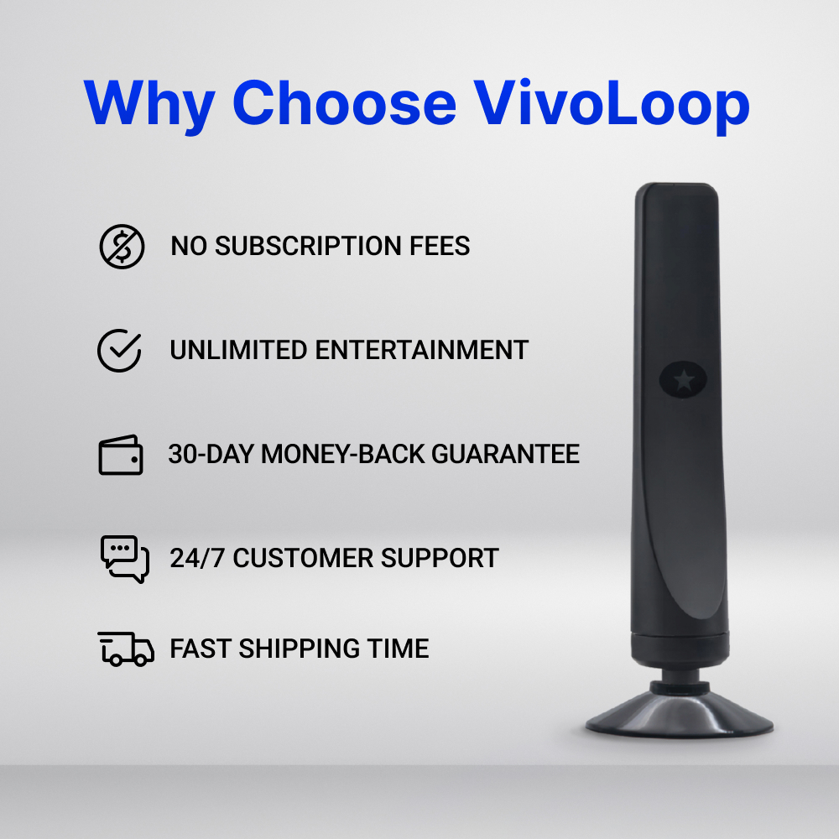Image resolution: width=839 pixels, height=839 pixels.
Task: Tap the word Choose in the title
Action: pyautogui.click(x=344, y=103)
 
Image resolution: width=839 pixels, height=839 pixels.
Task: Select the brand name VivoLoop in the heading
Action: pyautogui.click(x=611, y=103)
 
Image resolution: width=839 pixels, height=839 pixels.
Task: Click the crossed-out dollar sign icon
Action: pyautogui.click(x=122, y=247)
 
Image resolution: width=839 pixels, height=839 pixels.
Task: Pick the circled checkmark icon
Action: pyautogui.click(x=119, y=351)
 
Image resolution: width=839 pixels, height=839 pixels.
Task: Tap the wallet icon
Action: pyautogui.click(x=121, y=455)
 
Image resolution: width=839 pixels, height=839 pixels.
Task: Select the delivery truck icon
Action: pyautogui.click(x=126, y=649)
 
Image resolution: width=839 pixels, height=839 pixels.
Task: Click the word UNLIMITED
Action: pyautogui.click(x=237, y=351)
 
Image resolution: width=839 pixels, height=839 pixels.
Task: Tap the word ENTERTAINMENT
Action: pyautogui.click(x=421, y=351)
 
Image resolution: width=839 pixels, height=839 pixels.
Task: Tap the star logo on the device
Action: pyautogui.click(x=684, y=380)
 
